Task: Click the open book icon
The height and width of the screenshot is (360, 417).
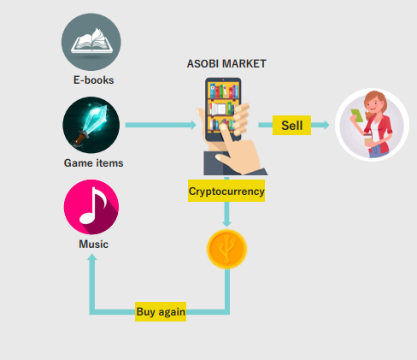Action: point(91,42)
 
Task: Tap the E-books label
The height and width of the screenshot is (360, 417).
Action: point(94,80)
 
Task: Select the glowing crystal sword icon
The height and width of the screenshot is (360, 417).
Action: point(91,125)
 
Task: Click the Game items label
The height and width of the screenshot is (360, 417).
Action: point(93,163)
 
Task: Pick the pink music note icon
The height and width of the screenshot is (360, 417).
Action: point(91,207)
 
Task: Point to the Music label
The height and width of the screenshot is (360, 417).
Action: point(93,245)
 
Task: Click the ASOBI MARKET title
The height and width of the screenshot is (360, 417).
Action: point(226,64)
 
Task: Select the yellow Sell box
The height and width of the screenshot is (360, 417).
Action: point(291,125)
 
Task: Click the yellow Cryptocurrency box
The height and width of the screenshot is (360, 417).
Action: point(226,191)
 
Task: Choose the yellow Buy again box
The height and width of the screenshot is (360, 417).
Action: point(161,311)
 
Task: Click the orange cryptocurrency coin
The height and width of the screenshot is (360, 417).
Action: point(226,249)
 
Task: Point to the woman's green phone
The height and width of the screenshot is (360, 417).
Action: point(357,115)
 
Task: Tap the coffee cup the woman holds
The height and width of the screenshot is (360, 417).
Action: point(368,140)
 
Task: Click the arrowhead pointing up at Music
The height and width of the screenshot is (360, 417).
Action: point(92,257)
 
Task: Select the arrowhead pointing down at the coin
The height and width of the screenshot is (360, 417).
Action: point(226,223)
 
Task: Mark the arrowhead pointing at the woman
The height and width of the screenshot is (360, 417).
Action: point(326,125)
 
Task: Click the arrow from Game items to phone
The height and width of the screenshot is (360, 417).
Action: point(161,125)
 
